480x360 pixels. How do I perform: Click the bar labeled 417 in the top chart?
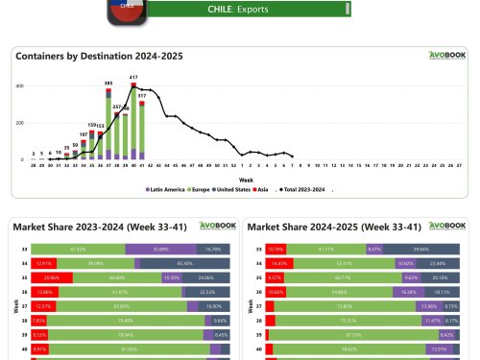(132, 121)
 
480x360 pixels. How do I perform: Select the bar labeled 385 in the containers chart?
(108, 124)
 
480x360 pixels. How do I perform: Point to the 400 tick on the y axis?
(19, 86)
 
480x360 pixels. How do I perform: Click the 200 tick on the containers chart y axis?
(19, 123)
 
